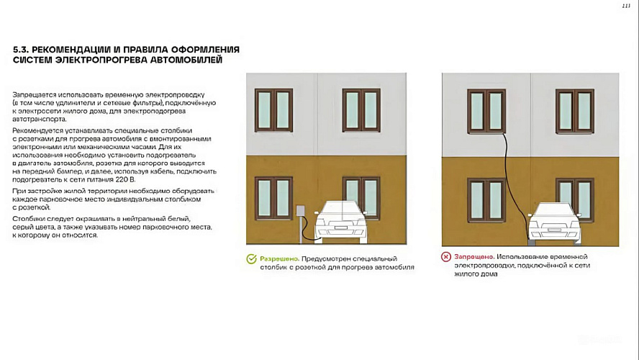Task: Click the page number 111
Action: point(625,6)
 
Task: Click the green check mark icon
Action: point(251,258)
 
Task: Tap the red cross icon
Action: point(447,257)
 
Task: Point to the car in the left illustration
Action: point(341,221)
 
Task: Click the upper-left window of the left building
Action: point(273,110)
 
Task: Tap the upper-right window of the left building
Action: point(361,110)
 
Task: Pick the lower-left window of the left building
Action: point(273,199)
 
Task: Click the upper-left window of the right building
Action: point(486,110)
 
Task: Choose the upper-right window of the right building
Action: point(574,110)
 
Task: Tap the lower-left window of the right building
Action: point(486,199)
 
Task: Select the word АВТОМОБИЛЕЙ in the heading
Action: point(185,60)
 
